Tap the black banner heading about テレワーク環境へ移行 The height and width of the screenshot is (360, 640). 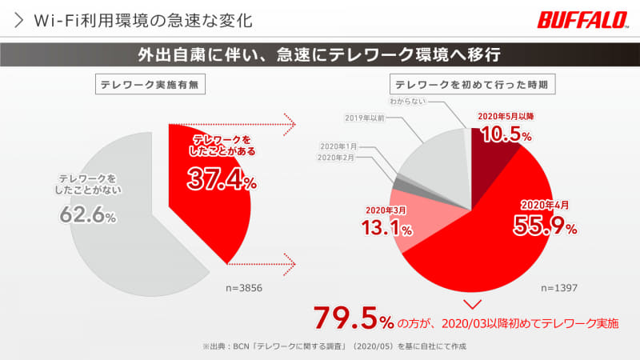click(x=320, y=56)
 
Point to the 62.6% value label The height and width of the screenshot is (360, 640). click(x=88, y=214)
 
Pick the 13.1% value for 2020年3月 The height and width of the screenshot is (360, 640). click(x=388, y=228)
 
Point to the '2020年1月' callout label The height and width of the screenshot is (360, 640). click(x=338, y=146)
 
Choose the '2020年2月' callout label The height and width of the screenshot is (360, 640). click(x=338, y=158)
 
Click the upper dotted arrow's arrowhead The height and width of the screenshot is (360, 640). click(x=290, y=124)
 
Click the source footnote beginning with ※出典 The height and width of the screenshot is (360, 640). click(x=334, y=346)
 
